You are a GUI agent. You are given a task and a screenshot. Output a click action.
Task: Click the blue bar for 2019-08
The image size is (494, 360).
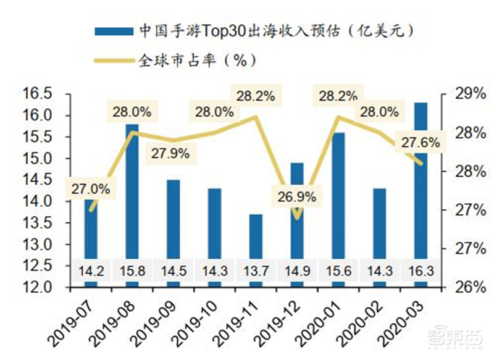pyautogui.click(x=132, y=204)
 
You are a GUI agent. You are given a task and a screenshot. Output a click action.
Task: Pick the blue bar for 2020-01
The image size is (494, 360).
pyautogui.click(x=338, y=204)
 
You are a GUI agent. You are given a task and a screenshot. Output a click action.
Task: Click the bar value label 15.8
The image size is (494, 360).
pyautogui.click(x=132, y=272)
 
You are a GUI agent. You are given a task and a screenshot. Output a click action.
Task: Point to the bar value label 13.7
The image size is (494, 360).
pyautogui.click(x=256, y=272)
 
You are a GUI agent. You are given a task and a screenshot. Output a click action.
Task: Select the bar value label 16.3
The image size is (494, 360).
pyautogui.click(x=420, y=272)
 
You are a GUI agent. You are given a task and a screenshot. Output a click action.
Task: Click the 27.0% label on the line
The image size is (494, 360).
pyautogui.click(x=91, y=189)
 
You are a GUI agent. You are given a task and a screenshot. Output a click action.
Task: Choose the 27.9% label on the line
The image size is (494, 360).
pyautogui.click(x=169, y=153)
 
